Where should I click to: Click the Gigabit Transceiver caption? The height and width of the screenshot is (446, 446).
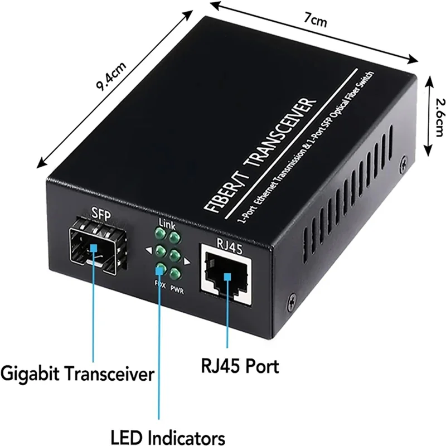[x=77, y=372]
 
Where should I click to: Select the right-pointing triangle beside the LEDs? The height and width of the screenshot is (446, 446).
[x=187, y=261]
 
